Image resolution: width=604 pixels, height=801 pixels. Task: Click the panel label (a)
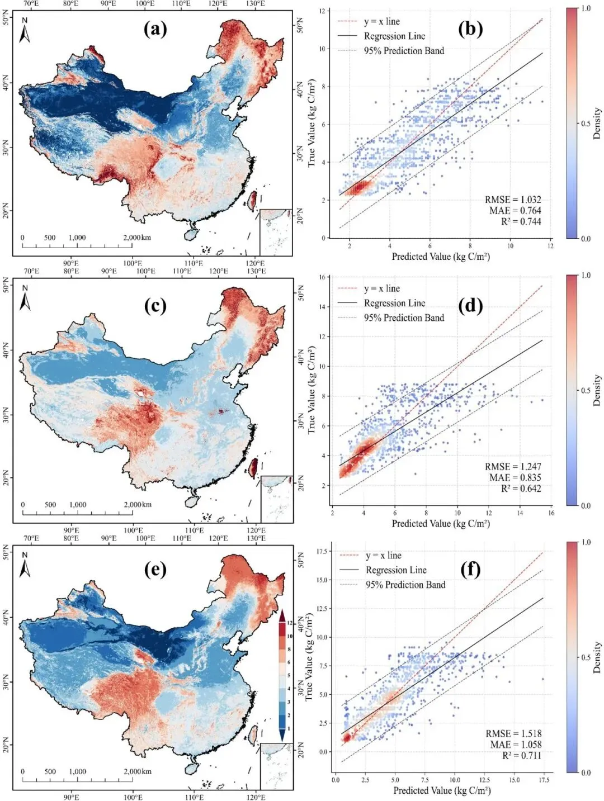[155, 29]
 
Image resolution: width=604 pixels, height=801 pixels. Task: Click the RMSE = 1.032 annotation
[513, 200]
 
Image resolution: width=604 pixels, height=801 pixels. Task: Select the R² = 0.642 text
[521, 488]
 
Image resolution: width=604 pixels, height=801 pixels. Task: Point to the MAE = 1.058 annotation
[516, 744]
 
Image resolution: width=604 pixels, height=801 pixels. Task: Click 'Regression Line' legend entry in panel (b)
[394, 36]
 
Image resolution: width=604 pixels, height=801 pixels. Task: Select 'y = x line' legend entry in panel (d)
[381, 288]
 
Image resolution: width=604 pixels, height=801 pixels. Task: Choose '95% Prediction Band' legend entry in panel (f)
[405, 585]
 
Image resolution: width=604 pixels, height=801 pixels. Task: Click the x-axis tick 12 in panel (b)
[550, 246]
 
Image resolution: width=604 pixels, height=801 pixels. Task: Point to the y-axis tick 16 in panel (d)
[322, 277]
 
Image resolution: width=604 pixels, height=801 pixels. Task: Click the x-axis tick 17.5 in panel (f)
[543, 780]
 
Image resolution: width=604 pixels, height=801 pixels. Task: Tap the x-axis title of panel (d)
[441, 523]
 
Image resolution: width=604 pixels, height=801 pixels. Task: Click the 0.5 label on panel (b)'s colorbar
[585, 124]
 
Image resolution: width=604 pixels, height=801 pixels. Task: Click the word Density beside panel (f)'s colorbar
[597, 657]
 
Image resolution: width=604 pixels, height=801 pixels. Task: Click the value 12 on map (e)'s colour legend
[290, 623]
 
